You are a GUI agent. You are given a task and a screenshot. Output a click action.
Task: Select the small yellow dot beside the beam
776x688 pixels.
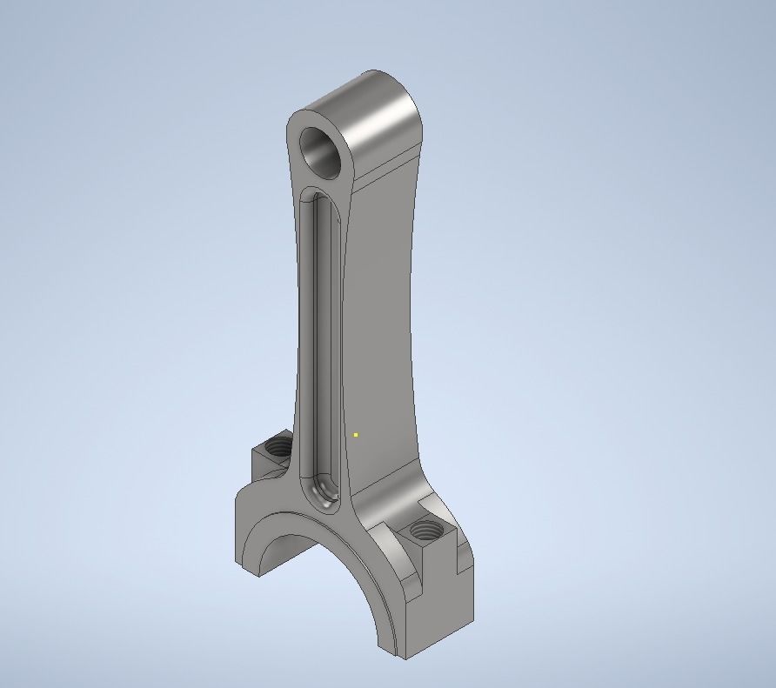pyautogui.click(x=356, y=434)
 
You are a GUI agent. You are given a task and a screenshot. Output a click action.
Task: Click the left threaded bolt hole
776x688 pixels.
pyautogui.click(x=279, y=448)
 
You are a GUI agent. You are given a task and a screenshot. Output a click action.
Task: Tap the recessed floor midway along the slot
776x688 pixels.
pyautogui.click(x=319, y=348)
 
